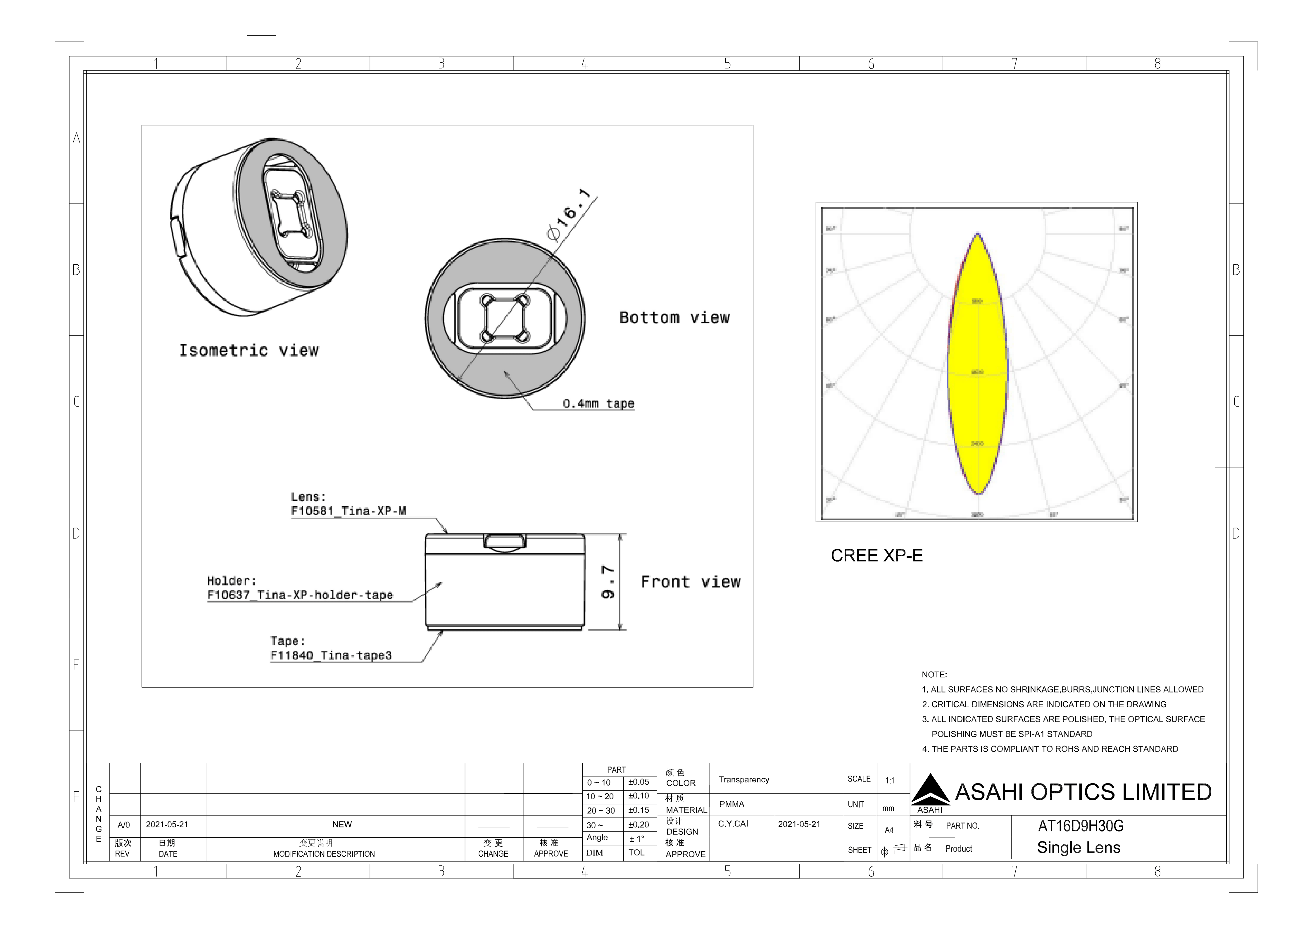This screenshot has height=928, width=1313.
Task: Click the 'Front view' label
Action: click(690, 582)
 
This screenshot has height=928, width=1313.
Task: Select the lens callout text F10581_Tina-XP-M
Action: click(348, 511)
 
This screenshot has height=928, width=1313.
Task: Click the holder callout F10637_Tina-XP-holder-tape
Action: click(300, 595)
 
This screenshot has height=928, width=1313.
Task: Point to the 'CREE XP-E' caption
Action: click(877, 555)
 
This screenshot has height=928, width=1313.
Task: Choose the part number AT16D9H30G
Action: click(1081, 826)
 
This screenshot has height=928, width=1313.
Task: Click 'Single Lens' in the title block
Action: click(1079, 848)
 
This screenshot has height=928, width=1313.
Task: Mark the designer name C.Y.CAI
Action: click(733, 824)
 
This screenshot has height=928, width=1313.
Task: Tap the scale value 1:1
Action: click(890, 780)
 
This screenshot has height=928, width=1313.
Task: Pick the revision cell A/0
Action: click(123, 824)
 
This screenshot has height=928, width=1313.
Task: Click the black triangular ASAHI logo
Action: click(930, 791)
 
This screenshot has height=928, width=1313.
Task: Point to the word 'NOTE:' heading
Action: click(934, 674)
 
